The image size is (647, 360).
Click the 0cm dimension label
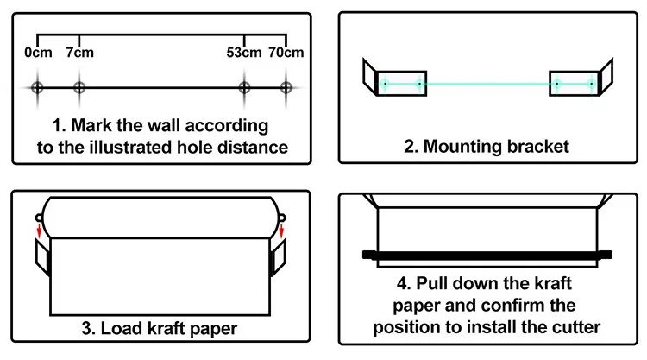click(x=38, y=53)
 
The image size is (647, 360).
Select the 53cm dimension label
click(x=245, y=53)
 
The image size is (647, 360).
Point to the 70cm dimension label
click(x=286, y=53)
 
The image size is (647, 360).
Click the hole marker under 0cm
click(x=37, y=87)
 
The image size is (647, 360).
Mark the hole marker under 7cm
click(x=79, y=87)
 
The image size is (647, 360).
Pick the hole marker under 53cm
click(x=245, y=87)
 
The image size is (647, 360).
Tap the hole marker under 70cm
click(x=286, y=87)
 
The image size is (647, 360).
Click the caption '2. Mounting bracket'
click(x=487, y=146)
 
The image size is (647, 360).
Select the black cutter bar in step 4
click(x=487, y=255)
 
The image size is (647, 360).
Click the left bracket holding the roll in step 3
click(x=41, y=257)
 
